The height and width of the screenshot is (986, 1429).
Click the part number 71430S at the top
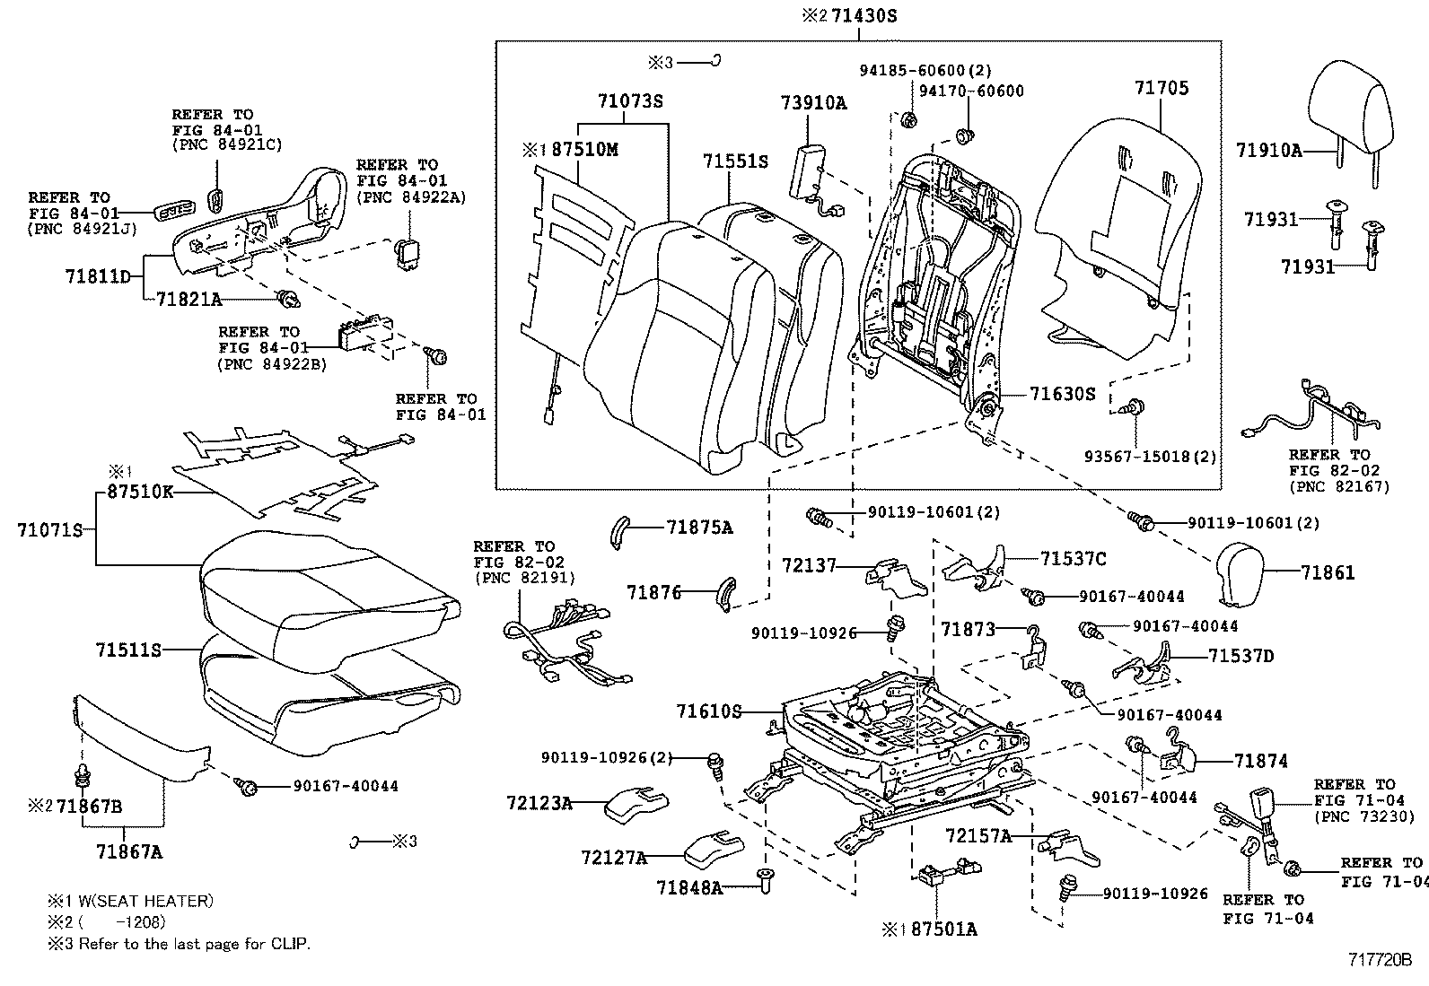point(865,16)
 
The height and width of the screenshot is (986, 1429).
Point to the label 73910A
point(813,103)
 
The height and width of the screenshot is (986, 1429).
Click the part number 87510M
point(584,150)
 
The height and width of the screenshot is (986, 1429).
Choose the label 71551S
point(735,161)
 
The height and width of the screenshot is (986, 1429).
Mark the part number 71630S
point(1062,393)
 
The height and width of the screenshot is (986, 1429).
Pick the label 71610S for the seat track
point(709,711)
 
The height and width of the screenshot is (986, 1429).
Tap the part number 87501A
point(942,929)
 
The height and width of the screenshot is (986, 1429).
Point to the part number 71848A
point(689,887)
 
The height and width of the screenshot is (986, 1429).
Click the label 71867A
point(130,851)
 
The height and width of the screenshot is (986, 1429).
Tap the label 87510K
point(140,492)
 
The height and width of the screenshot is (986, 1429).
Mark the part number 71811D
point(98,276)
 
